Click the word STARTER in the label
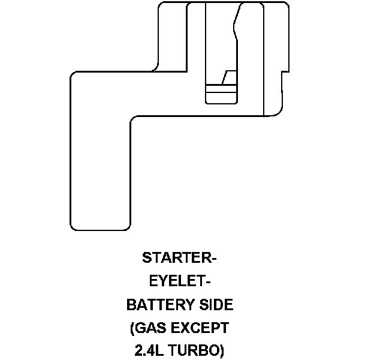pyautogui.click(x=176, y=259)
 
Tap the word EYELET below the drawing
pyautogui.click(x=176, y=281)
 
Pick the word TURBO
pyautogui.click(x=195, y=351)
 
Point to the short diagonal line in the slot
pyautogui.click(x=225, y=77)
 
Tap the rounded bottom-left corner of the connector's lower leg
pyautogui.click(x=74, y=226)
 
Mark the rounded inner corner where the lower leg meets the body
pyautogui.click(x=133, y=121)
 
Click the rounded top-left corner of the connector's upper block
pyautogui.click(x=161, y=7)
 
